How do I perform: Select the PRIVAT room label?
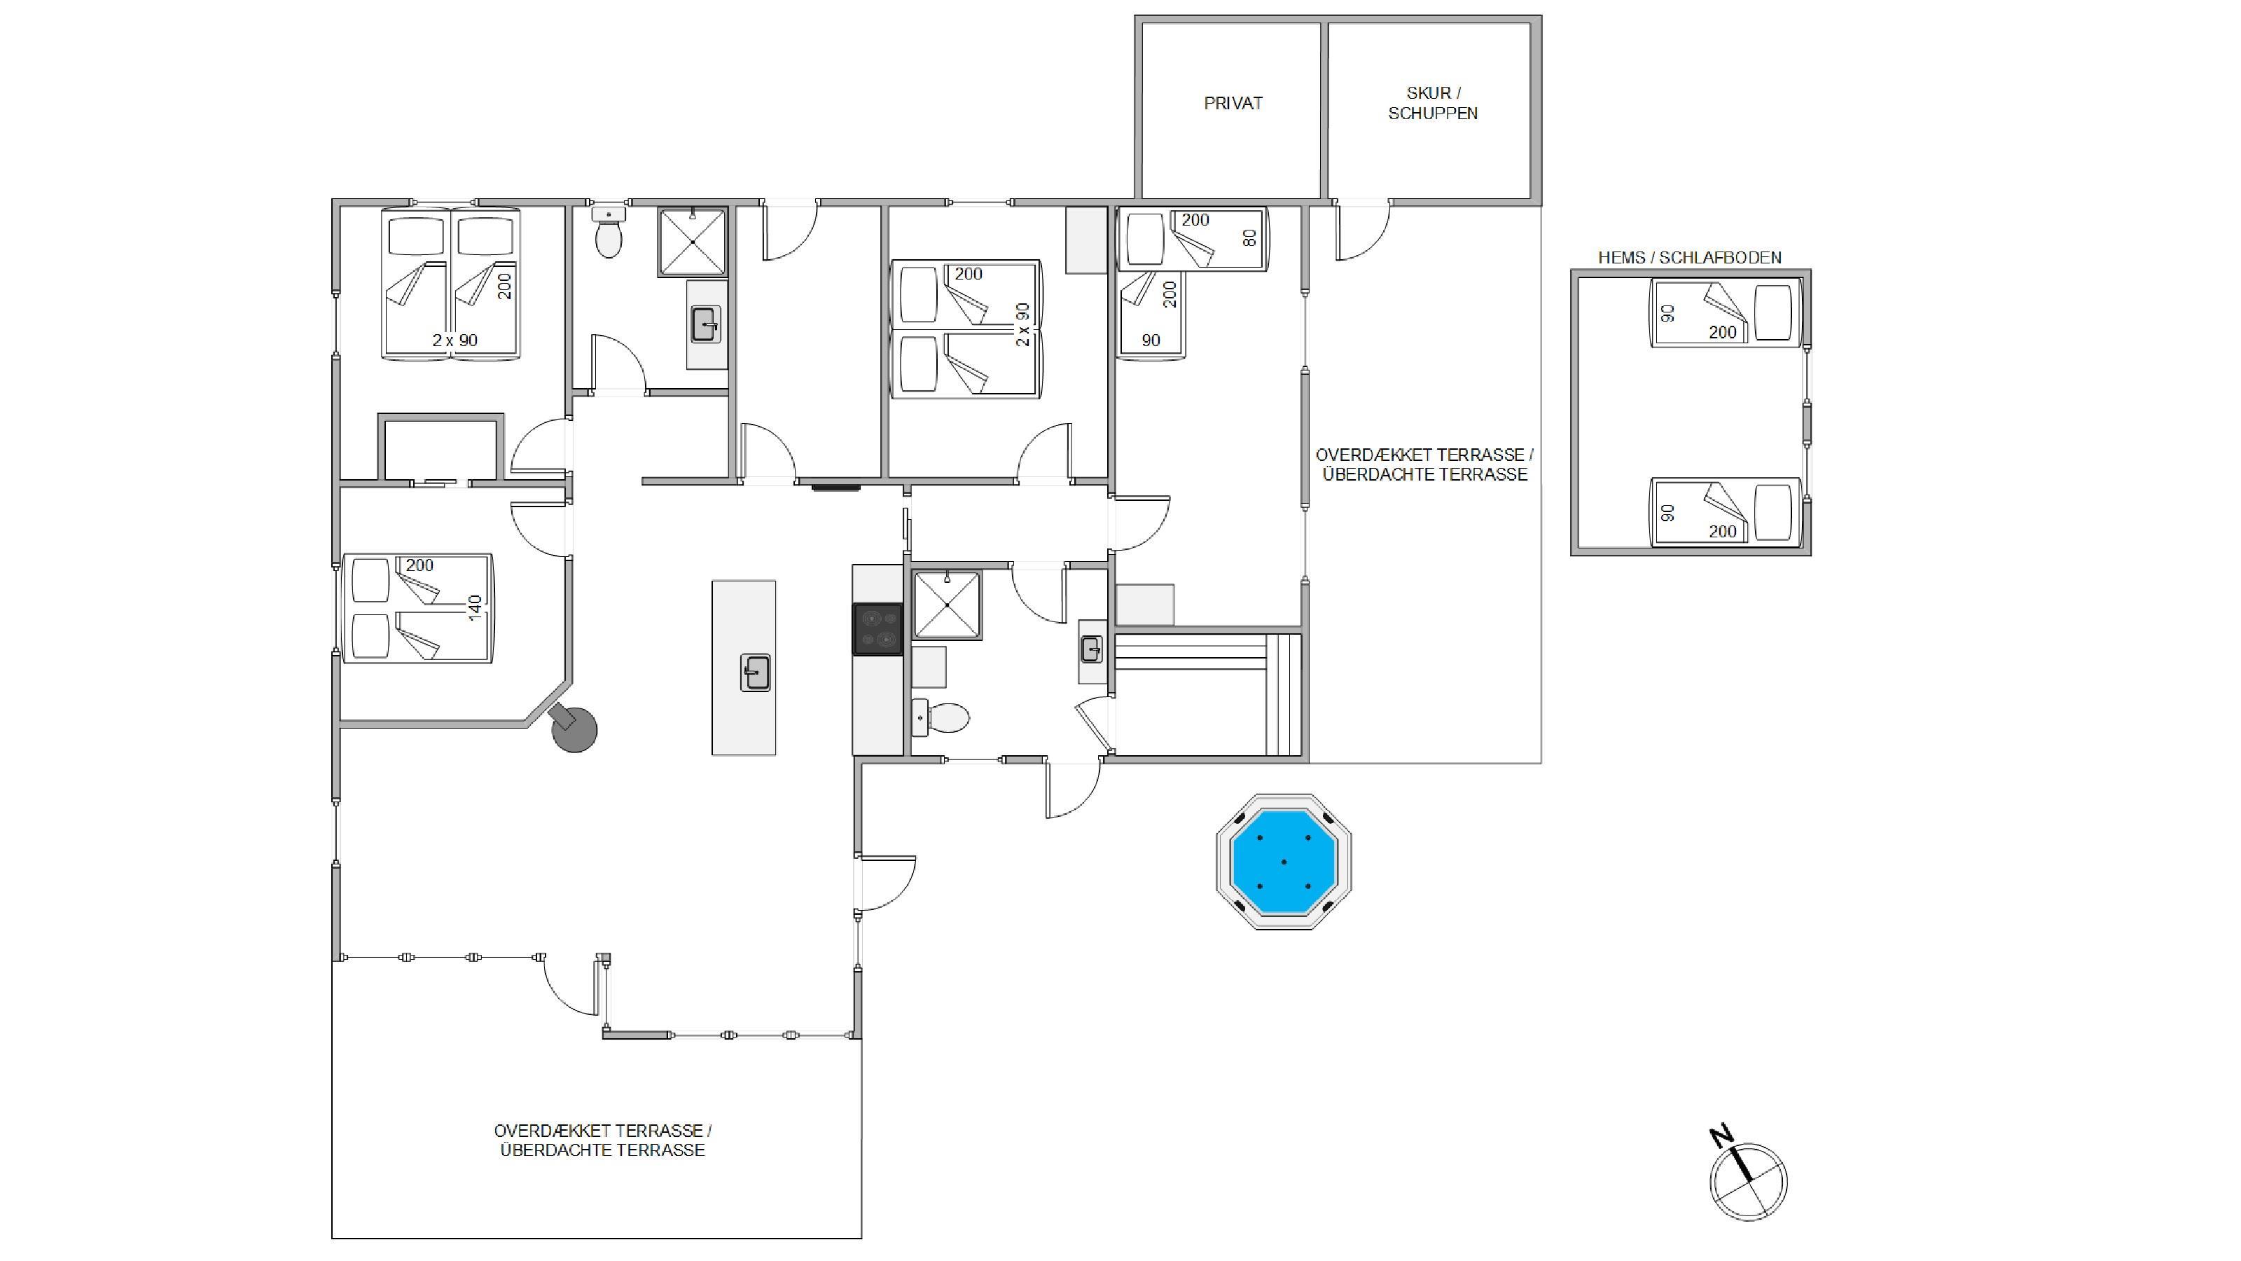click(1233, 104)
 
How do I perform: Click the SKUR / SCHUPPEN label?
click(1433, 103)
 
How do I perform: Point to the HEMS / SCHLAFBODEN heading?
click(1689, 258)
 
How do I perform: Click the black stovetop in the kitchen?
click(877, 628)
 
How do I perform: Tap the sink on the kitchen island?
click(755, 673)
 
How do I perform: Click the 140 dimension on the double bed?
click(475, 607)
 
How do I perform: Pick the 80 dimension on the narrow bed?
click(1250, 237)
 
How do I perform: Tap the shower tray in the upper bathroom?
click(692, 241)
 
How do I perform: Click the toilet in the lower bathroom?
click(941, 718)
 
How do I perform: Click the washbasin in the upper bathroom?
click(705, 324)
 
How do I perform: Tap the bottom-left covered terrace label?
click(603, 1140)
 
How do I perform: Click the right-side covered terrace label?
click(1425, 464)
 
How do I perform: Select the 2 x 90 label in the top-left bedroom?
click(455, 340)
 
